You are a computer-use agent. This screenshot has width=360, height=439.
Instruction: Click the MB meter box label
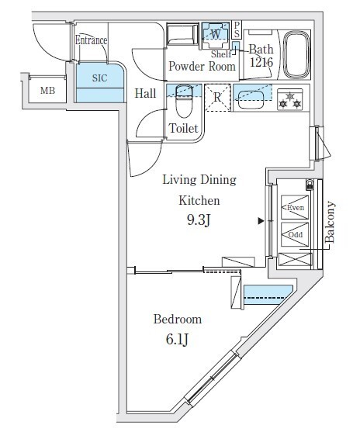[47, 91]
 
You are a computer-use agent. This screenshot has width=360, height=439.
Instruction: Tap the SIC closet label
[100, 78]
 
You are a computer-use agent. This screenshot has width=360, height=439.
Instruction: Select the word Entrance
[91, 40]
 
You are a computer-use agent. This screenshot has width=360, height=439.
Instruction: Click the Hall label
[145, 93]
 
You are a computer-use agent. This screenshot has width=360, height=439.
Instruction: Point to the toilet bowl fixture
[184, 102]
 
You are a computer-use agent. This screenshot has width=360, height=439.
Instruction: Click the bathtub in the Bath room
[296, 54]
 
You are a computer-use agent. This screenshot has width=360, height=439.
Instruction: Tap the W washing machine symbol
[216, 35]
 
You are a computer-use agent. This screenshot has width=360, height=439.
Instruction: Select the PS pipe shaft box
[237, 29]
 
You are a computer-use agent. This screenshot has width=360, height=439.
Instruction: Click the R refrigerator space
[218, 98]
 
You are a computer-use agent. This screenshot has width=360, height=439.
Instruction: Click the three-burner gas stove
[290, 99]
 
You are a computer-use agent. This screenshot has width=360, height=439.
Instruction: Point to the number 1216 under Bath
[261, 62]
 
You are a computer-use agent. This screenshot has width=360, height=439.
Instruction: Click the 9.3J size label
[199, 221]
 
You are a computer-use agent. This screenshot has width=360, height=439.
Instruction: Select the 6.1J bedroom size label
[178, 340]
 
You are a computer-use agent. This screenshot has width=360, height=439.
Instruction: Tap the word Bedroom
[178, 320]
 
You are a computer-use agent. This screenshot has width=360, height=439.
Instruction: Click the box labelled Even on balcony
[295, 207]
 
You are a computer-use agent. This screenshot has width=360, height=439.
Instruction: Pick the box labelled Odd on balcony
[295, 234]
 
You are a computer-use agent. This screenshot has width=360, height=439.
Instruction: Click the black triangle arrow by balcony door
[261, 221]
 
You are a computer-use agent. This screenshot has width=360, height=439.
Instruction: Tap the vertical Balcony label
[330, 222]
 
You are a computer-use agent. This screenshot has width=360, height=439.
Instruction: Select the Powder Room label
[202, 67]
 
